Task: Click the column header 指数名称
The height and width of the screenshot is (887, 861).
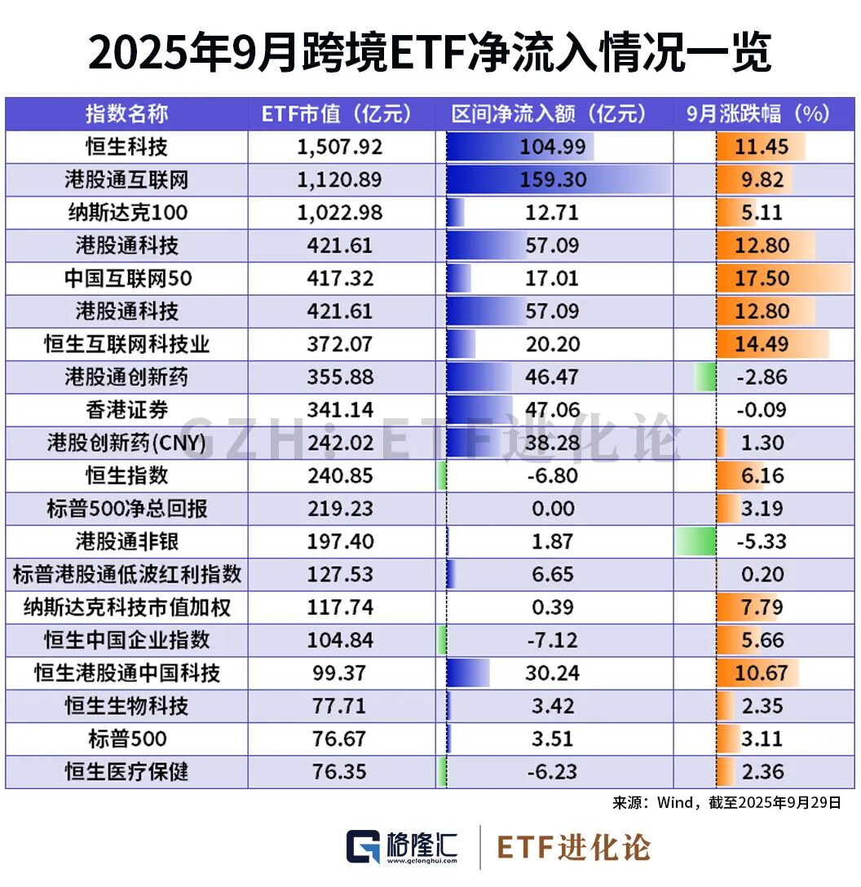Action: [x=126, y=114]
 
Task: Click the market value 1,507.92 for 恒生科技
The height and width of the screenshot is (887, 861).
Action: [x=340, y=147]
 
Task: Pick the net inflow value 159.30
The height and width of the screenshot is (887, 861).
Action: [x=553, y=180]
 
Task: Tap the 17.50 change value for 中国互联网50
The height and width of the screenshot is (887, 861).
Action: [x=761, y=279]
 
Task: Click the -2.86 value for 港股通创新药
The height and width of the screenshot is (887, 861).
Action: [x=761, y=377]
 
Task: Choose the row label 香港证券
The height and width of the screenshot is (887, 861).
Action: [x=126, y=410]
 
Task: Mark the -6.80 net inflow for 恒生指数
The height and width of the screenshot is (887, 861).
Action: [x=553, y=476]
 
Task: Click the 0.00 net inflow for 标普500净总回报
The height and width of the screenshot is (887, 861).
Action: [x=553, y=509]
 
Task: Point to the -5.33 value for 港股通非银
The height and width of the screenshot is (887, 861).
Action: [x=761, y=541]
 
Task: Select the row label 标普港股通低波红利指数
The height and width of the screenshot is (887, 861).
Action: [x=126, y=575]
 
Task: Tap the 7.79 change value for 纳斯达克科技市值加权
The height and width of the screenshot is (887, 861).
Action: [x=761, y=607]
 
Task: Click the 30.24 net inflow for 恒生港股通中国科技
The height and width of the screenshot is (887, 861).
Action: [x=553, y=673]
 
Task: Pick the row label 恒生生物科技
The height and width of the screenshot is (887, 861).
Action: [x=126, y=706]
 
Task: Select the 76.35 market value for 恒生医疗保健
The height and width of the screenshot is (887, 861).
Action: [x=340, y=772]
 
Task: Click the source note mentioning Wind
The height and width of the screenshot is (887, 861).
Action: [x=726, y=803]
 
